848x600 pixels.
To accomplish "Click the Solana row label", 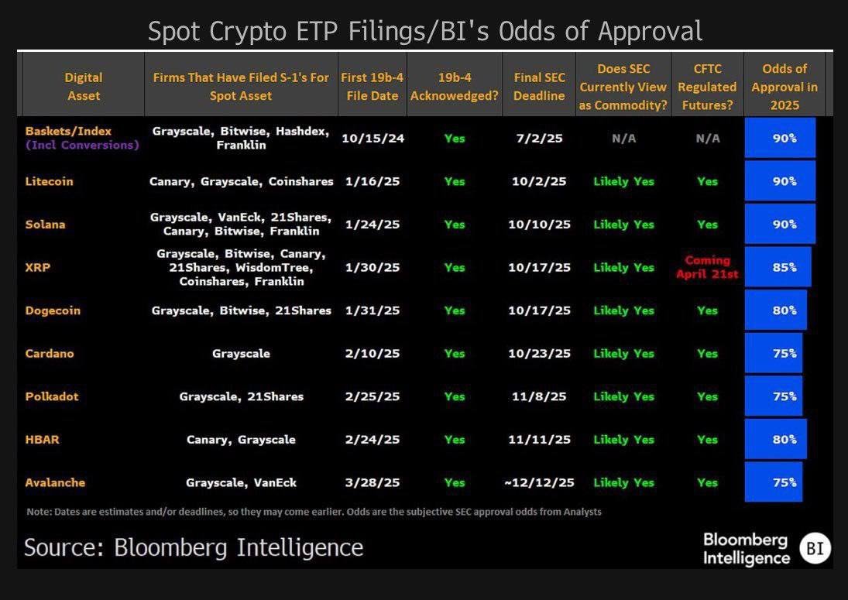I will click(x=45, y=225).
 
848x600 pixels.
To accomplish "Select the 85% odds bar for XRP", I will click(x=778, y=267).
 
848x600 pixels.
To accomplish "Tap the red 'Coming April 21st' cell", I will click(x=707, y=267).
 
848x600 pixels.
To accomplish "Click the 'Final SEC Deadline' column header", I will click(x=539, y=87).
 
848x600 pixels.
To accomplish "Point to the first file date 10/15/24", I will click(x=373, y=139).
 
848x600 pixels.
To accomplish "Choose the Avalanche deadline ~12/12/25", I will click(x=539, y=482).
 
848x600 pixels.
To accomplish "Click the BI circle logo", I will click(x=814, y=549).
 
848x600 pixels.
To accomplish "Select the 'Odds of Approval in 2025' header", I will click(x=784, y=87).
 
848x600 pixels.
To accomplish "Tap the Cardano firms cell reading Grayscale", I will click(x=241, y=354).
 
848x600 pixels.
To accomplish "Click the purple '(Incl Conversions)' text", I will click(x=82, y=146).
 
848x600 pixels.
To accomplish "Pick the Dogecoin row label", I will click(x=53, y=310).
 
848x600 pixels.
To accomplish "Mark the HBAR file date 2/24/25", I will click(x=373, y=440).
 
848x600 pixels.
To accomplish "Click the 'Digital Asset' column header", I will click(x=84, y=87).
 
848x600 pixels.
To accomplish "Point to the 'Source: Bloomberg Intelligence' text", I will click(x=194, y=547).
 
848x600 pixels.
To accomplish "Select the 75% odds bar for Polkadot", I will click(x=774, y=396).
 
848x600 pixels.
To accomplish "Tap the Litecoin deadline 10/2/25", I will click(x=539, y=182).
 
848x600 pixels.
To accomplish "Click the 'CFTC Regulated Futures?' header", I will click(x=707, y=87).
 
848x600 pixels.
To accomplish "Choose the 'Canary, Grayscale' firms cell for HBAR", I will click(x=241, y=440).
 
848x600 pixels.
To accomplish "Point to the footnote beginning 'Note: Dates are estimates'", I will click(x=314, y=512).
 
